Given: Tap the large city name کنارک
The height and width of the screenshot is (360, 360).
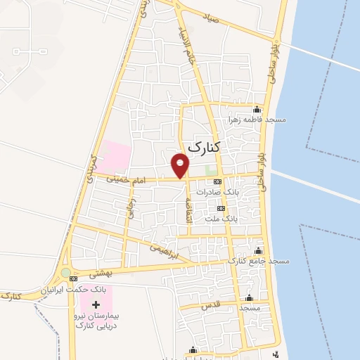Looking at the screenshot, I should (205, 147).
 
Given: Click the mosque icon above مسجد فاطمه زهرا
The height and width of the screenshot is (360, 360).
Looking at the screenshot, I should (257, 109).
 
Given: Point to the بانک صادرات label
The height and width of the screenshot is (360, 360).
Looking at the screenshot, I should (218, 192).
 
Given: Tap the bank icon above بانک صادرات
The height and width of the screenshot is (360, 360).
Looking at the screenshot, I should (217, 181).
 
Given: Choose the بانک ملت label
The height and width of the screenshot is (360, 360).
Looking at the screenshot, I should (221, 219).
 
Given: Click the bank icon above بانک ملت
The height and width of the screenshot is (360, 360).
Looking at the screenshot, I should (221, 208).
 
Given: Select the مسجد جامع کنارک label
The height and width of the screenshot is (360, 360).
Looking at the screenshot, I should (258, 262).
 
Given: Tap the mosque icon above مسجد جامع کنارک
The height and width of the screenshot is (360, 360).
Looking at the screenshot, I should (259, 251).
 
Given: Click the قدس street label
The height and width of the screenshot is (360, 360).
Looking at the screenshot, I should (210, 304).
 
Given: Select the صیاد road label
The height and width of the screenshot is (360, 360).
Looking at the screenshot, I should (212, 19).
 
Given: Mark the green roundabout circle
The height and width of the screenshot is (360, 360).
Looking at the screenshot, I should (66, 272).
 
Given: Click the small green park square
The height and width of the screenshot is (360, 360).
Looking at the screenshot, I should (211, 169).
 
